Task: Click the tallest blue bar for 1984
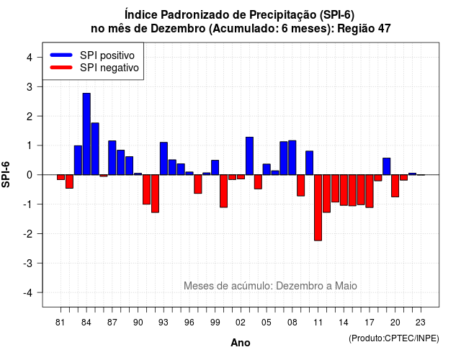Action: click(x=86, y=134)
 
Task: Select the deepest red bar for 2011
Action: click(x=318, y=208)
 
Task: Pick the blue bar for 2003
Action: click(x=249, y=156)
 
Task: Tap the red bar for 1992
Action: click(x=155, y=194)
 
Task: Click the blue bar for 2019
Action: click(x=387, y=166)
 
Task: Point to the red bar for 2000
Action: click(x=224, y=191)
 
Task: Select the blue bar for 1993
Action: click(x=164, y=158)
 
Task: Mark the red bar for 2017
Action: click(x=370, y=192)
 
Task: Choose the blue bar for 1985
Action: click(x=95, y=149)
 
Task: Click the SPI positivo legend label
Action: click(x=107, y=55)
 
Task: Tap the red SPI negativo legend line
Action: click(x=61, y=68)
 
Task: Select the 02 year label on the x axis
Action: click(x=241, y=323)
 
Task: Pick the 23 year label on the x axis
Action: click(x=421, y=323)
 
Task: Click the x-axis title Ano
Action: click(x=241, y=343)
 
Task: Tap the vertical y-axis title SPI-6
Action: click(x=6, y=174)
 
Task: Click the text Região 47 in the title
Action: click(x=364, y=29)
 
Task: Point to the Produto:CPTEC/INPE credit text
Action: click(x=394, y=338)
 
